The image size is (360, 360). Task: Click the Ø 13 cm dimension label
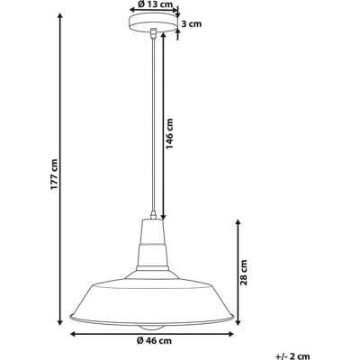point(155,4)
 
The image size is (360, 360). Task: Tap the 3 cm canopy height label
point(192,24)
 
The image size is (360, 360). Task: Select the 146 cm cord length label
point(170,133)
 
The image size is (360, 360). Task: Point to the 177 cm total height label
point(54,174)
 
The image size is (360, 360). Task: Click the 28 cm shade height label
point(245,273)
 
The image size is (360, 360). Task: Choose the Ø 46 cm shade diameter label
point(154,341)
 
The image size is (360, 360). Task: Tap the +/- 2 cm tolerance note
point(292,356)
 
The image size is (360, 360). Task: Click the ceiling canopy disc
point(153,22)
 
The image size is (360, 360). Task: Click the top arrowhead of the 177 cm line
point(60,16)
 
